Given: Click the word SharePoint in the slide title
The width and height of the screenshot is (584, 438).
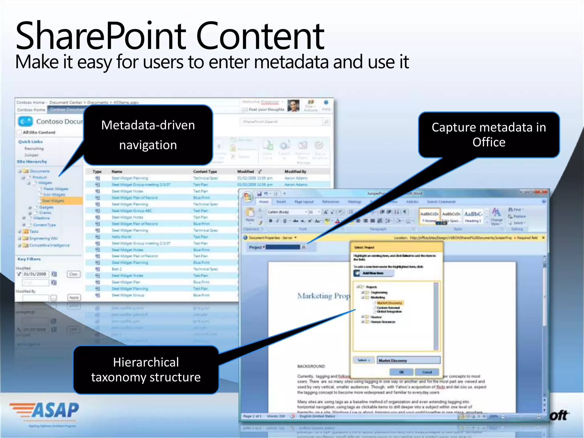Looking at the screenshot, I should click(x=101, y=36).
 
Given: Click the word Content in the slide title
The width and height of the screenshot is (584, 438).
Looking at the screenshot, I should click(x=260, y=36).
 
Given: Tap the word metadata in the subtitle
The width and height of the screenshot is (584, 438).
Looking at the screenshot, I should click(x=291, y=62).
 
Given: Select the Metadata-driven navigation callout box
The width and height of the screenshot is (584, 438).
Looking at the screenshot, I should click(x=148, y=135).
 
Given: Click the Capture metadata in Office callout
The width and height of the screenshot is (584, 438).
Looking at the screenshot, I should click(x=489, y=135).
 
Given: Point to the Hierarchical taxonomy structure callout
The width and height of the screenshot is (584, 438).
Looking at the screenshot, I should click(x=146, y=370).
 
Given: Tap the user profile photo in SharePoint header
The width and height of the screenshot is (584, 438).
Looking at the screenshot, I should click(x=293, y=106).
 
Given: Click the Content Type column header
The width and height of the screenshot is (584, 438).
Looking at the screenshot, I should click(x=205, y=172).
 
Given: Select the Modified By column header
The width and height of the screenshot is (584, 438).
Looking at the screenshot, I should click(x=295, y=172).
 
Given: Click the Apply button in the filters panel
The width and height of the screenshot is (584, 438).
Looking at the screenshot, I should click(x=74, y=297).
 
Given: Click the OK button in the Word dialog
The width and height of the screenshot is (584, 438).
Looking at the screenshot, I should click(x=401, y=372).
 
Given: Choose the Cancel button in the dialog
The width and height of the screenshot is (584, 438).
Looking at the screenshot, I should click(x=427, y=372).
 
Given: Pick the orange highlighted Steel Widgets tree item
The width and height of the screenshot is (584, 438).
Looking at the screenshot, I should click(x=53, y=201).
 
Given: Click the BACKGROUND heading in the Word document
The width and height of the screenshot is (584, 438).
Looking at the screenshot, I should click(x=311, y=366).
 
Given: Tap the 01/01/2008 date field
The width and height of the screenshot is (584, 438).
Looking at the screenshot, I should click(x=35, y=274).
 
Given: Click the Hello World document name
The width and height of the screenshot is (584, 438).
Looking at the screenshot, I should click(x=121, y=237).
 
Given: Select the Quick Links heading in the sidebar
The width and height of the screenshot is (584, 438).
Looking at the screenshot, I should click(x=31, y=142).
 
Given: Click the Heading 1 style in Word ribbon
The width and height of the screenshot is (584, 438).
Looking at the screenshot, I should click(x=473, y=217).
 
